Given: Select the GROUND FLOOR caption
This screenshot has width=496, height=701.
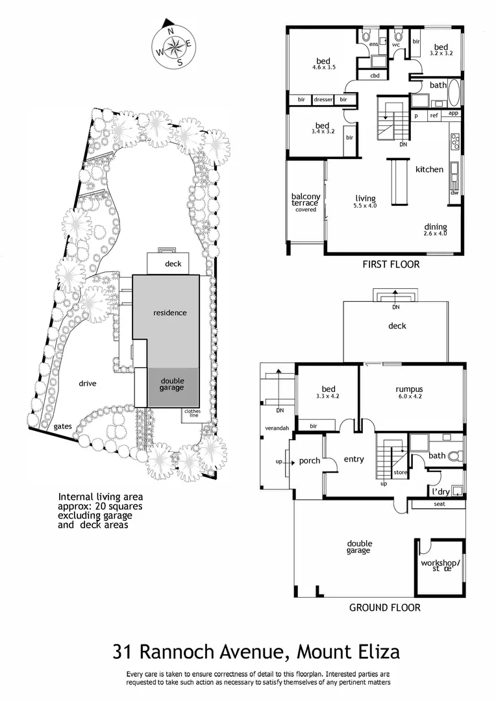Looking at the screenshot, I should coord(384,608).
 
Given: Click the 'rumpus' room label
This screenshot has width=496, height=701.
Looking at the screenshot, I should coord(409,390).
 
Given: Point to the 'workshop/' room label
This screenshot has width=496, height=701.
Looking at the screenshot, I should coord(440,562).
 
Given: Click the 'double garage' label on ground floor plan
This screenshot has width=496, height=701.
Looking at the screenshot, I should coord(358,547).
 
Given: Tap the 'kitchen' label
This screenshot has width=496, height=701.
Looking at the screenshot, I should coord(430,169).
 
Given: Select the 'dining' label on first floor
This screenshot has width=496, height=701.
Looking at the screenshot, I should coord(436,227).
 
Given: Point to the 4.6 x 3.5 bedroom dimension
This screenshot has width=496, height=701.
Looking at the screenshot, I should coord(323,67).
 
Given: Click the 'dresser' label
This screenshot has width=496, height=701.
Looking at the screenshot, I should coord(323,100).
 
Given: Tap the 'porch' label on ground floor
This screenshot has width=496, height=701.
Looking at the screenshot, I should coord(309,461).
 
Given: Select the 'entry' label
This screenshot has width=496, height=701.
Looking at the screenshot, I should coord(354,460).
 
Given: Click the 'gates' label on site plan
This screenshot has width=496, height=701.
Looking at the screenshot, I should coord(64,426).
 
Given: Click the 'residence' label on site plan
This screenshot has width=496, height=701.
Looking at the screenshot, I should coord(170,313).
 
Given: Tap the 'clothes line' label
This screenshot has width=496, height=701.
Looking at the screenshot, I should coord(193,413).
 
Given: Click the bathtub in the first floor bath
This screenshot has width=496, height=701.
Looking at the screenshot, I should coord(453,93).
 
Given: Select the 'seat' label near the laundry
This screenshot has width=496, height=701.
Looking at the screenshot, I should coord(439,504).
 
